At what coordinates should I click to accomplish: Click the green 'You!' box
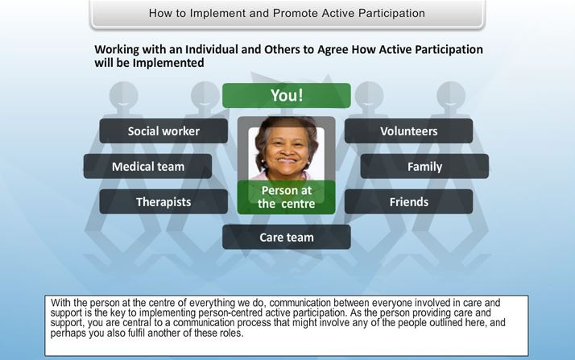287,95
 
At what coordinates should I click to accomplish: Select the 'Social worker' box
163,131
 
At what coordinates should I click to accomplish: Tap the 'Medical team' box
148,167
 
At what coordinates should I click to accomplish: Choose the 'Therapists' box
163,201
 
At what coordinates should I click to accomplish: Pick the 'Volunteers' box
408,131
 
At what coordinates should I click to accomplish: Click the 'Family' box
424,167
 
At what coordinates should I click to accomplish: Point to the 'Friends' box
408,201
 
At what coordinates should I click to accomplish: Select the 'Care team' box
287,238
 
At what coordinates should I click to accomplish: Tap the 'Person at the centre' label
287,197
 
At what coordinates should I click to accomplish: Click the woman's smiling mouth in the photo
287,160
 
